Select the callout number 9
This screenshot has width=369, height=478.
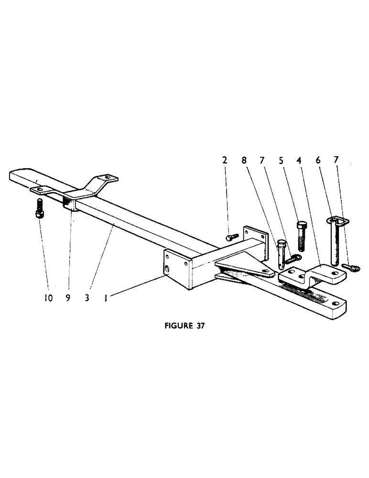pyautogui.click(x=69, y=298)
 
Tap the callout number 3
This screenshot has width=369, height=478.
pyautogui.click(x=87, y=298)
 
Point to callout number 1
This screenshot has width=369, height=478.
pyautogui.click(x=105, y=298)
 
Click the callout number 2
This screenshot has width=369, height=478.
pyautogui.click(x=225, y=160)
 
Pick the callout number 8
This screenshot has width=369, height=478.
pyautogui.click(x=244, y=160)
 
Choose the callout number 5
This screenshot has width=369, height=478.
pyautogui.click(x=281, y=160)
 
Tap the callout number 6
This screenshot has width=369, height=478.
pyautogui.click(x=317, y=160)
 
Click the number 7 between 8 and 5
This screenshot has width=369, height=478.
pyautogui.click(x=262, y=160)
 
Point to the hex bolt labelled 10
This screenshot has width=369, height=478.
pyautogui.click(x=39, y=209)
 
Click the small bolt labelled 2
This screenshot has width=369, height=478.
pyautogui.click(x=231, y=236)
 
